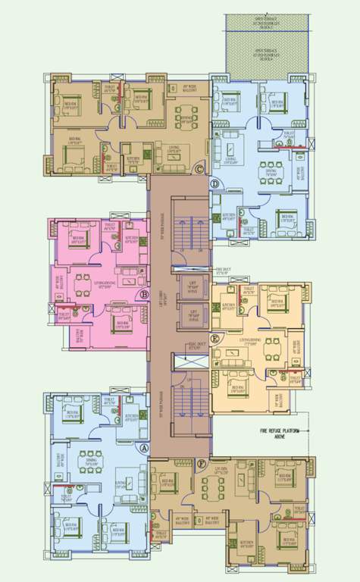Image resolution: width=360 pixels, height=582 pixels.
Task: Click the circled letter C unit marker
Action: pos(199,169)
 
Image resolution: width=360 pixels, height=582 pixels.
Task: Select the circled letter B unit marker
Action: pos(144,294)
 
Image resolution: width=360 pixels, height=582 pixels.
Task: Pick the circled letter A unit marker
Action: pos(143,448)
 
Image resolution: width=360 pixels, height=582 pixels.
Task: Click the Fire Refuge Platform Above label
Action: pos(283,433)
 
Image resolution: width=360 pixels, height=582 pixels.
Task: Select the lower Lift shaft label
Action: pos(193,313)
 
